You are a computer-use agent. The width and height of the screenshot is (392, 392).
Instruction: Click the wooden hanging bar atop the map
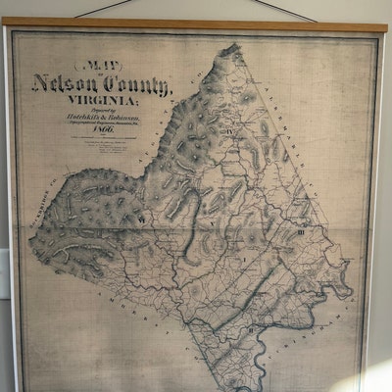click(196, 24)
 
